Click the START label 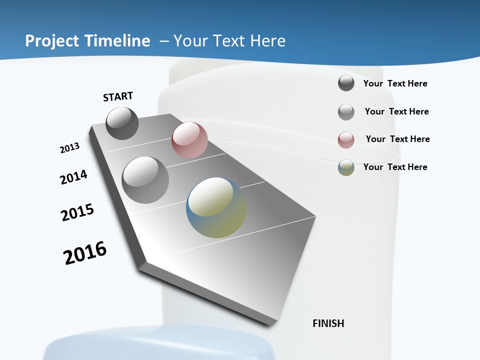click(x=118, y=96)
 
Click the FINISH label click(x=328, y=323)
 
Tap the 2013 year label click(x=70, y=148)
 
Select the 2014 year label click(x=73, y=177)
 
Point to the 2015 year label click(x=77, y=212)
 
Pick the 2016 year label click(x=85, y=253)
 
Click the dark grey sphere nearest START click(x=122, y=123)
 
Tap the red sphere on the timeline click(x=189, y=140)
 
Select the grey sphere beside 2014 click(x=145, y=180)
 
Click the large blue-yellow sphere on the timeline click(x=216, y=207)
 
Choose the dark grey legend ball click(x=346, y=83)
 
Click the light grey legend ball click(x=346, y=112)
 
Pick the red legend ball click(x=346, y=140)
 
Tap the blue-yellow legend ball click(x=346, y=167)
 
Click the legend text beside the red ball click(x=397, y=139)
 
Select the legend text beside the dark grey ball click(x=395, y=83)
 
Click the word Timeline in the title click(x=118, y=41)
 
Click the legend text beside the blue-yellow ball click(x=395, y=167)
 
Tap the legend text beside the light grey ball click(x=396, y=111)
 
